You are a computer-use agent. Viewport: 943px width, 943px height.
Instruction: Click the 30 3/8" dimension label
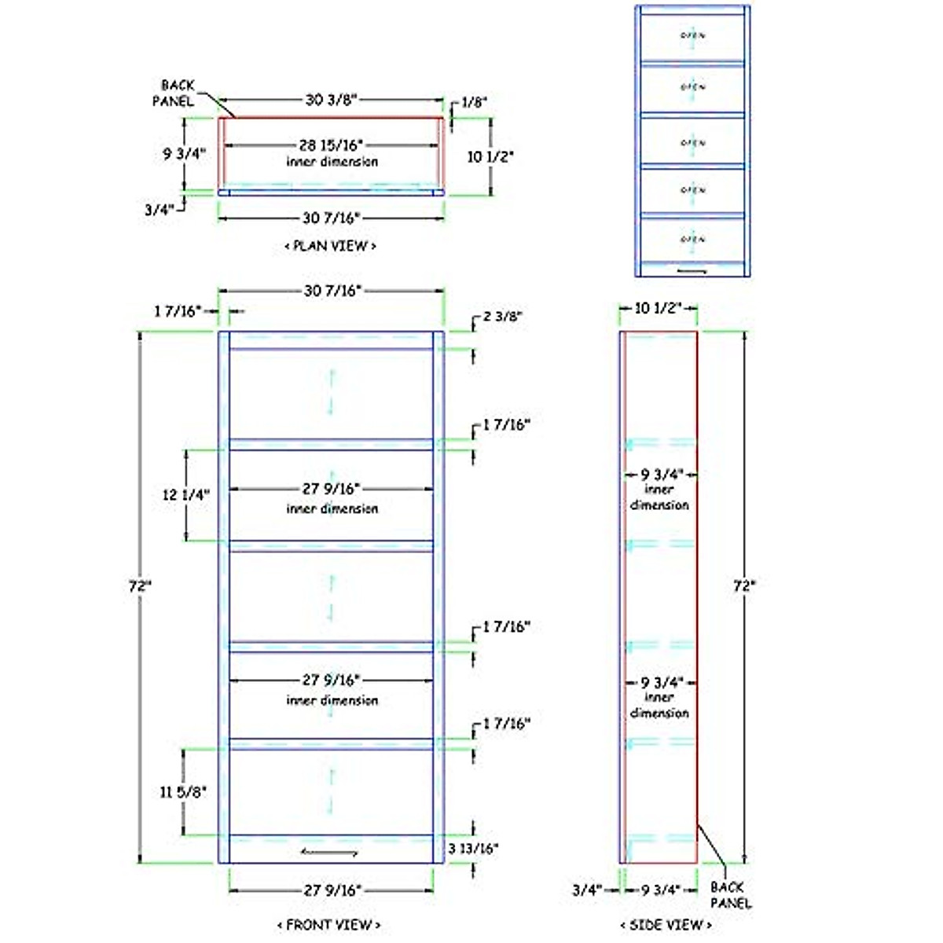(x=332, y=100)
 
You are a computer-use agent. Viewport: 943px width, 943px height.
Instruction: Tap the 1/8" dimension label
(x=474, y=102)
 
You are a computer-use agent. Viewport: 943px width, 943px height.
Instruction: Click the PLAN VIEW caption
(x=330, y=246)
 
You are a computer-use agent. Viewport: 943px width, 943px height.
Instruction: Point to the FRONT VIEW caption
(x=329, y=925)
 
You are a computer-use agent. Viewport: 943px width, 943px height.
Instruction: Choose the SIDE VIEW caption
(x=666, y=925)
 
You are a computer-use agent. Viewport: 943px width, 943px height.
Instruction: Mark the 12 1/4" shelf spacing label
(x=185, y=495)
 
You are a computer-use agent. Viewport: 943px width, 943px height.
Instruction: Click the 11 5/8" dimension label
(x=183, y=792)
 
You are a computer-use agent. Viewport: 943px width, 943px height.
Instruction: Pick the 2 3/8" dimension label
(x=503, y=317)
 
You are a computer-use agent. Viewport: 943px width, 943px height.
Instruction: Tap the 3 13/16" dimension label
(x=473, y=849)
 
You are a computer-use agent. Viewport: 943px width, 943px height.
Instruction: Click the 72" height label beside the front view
(x=140, y=586)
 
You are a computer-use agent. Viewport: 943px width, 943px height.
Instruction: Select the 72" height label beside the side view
(x=744, y=586)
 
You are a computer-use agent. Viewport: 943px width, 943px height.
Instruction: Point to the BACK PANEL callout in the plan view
(x=178, y=93)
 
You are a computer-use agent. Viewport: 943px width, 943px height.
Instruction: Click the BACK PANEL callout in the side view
(x=730, y=895)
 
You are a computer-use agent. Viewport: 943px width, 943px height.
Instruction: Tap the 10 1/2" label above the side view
(x=658, y=308)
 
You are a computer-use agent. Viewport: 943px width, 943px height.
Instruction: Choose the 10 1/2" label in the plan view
(x=490, y=157)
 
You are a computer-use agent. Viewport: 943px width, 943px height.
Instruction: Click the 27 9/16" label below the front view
(x=332, y=890)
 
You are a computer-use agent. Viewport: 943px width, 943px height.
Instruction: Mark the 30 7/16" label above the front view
(x=332, y=291)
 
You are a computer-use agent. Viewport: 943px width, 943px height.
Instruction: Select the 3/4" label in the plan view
(x=159, y=210)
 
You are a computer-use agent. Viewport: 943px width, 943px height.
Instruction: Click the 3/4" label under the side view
(x=586, y=890)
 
